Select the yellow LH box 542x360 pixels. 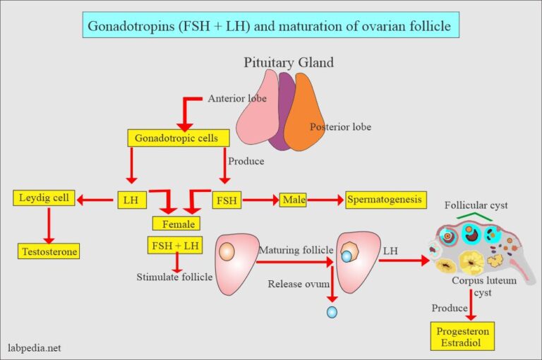131,200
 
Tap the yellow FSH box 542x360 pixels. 227,200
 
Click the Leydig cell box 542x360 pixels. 44,198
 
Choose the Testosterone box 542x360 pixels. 49,251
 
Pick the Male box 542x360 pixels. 293,200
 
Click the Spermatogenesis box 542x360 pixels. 386,200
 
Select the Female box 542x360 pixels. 176,224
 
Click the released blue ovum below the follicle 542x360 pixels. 332,311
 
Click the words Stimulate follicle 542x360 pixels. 174,277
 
